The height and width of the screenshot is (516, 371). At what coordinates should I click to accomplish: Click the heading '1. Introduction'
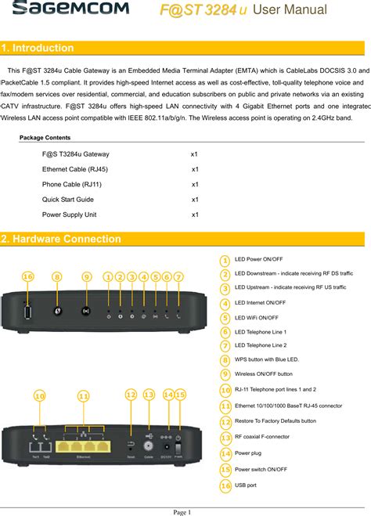39,49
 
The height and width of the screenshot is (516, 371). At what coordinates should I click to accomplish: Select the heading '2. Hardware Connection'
62,239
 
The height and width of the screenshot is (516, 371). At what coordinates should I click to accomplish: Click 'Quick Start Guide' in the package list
68,200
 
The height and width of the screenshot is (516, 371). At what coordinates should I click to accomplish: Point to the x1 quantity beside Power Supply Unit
195,215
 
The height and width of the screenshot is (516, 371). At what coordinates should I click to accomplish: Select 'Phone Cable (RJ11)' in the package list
72,185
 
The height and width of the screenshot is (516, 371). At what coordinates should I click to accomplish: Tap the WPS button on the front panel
57,311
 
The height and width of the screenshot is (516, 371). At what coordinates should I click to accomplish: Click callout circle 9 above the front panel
86,276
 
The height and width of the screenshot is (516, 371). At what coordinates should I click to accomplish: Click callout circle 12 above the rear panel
131,395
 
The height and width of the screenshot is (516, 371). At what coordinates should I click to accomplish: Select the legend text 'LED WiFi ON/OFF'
257,318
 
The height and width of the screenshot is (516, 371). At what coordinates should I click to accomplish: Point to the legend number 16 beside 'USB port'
225,486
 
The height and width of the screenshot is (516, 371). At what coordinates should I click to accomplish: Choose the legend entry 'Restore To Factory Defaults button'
276,421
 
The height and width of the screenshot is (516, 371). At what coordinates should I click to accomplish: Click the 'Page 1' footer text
182,511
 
